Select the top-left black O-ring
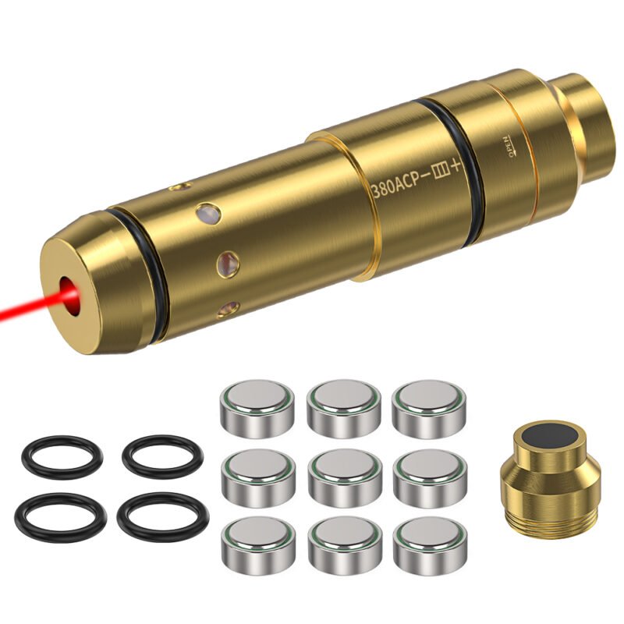[x=61, y=456]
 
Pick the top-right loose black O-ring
[x=162, y=456]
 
